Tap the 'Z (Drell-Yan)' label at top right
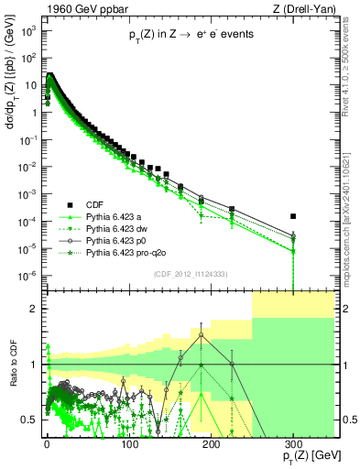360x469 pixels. click(306, 7)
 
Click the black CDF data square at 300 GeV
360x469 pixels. click(293, 216)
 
